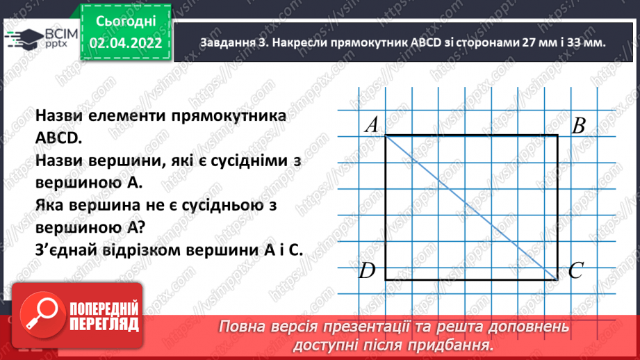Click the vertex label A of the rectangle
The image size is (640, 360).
tap(371, 125)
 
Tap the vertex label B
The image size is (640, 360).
tap(578, 126)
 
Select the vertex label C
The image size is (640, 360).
tap(575, 271)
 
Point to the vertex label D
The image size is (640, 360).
tap(368, 271)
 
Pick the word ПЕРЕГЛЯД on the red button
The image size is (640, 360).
tap(102, 324)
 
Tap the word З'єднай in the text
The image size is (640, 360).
tap(63, 249)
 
